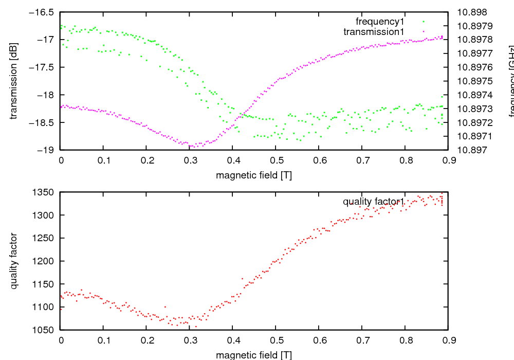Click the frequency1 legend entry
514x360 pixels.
coord(380,22)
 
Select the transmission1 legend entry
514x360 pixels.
coord(374,31)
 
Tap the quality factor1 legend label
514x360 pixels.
coord(374,202)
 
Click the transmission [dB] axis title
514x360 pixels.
coord(14,81)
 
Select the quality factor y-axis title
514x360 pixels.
coord(14,261)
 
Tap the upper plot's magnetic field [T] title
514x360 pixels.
coord(254,175)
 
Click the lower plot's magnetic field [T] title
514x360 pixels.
coord(254,355)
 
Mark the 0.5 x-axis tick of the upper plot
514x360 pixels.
coord(276,160)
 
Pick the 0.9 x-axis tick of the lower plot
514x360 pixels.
coord(448,340)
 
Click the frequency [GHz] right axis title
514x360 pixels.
coord(511,81)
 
